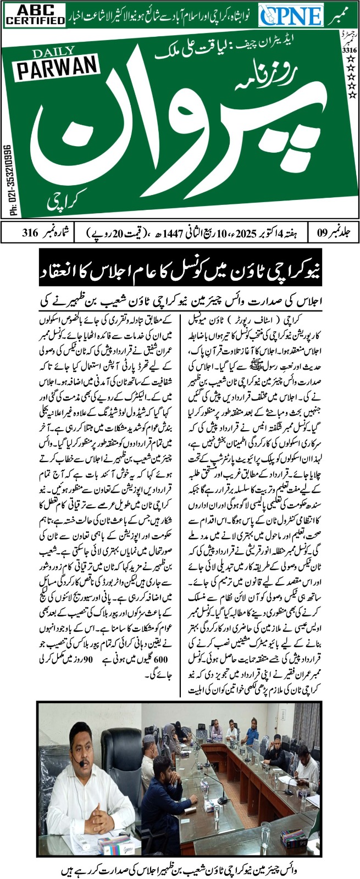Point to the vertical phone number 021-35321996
pyautogui.click(x=8, y=180)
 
